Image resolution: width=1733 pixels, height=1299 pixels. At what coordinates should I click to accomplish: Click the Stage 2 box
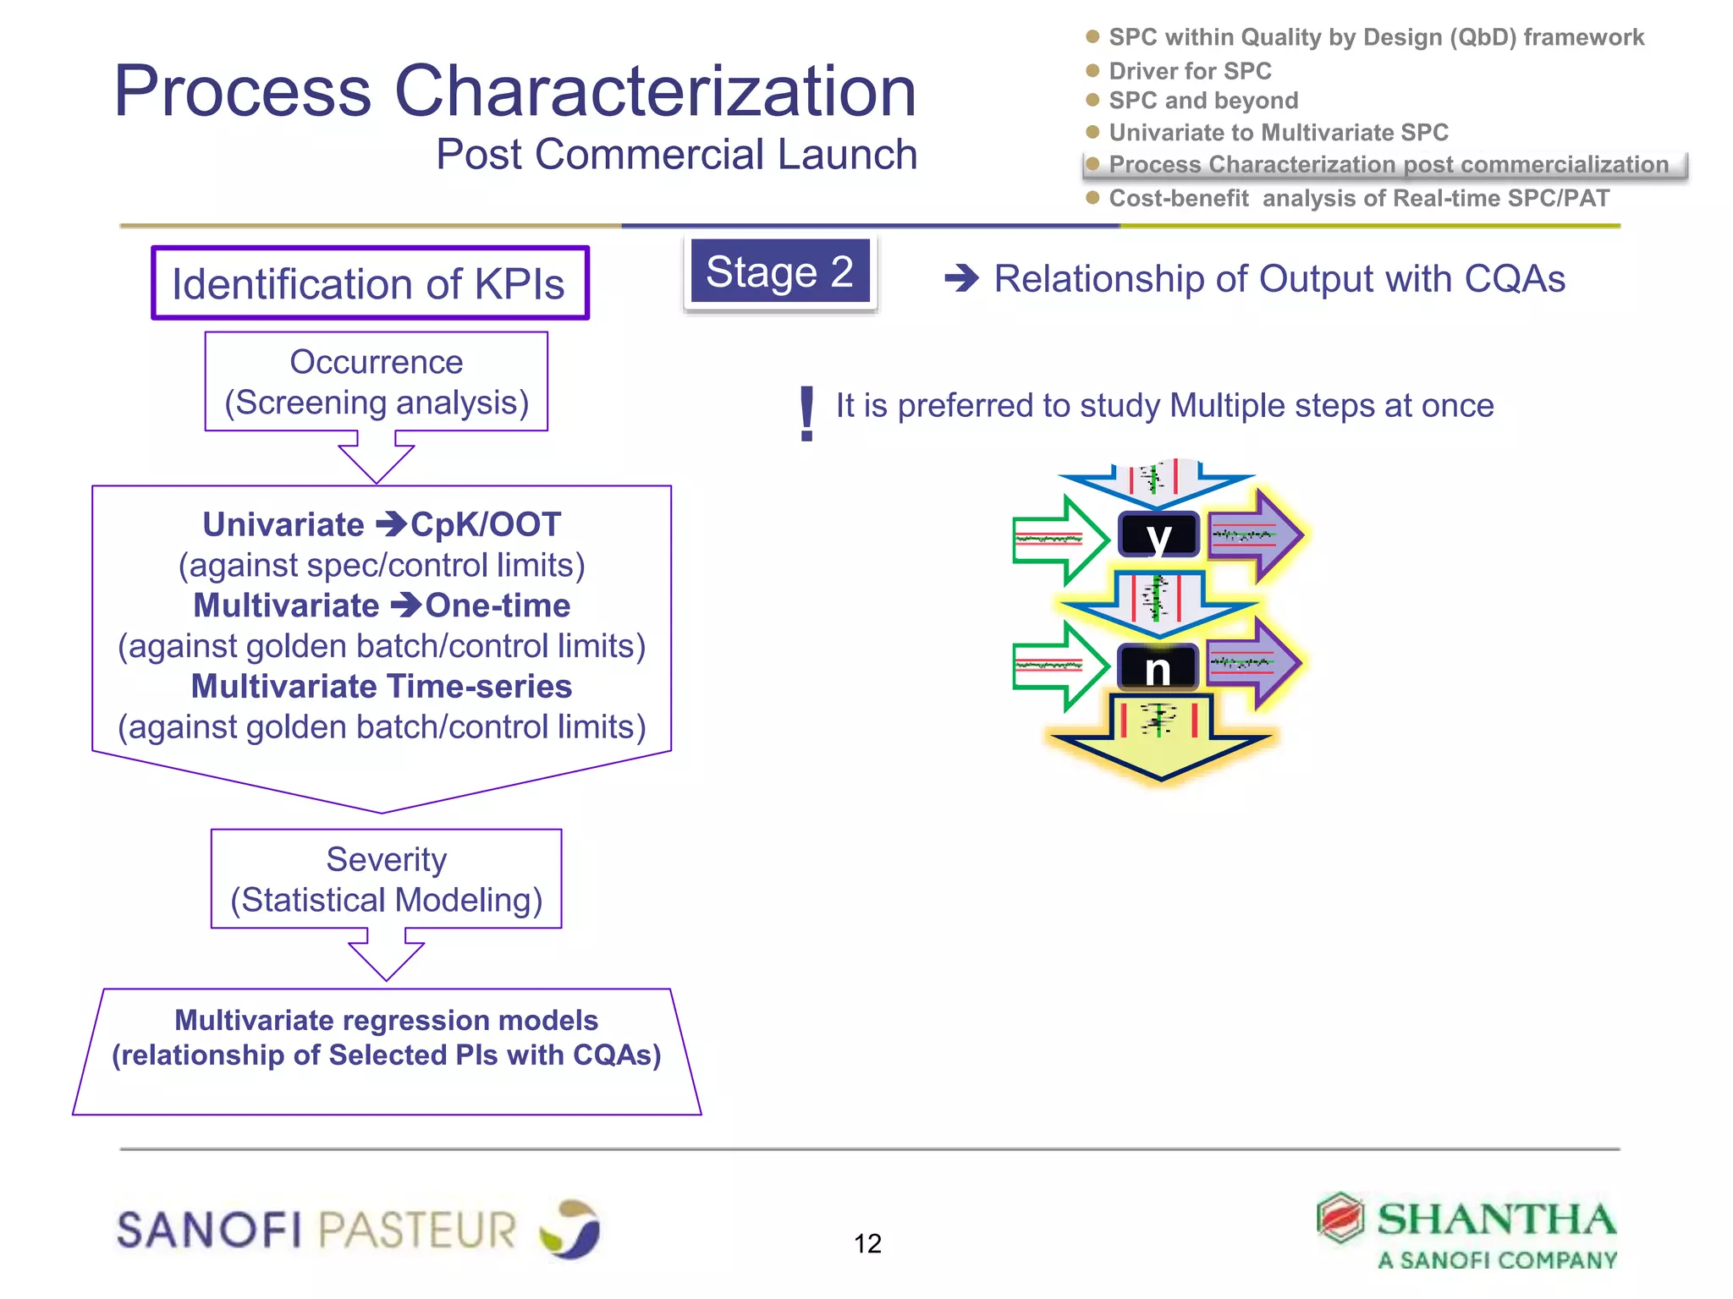point(779,272)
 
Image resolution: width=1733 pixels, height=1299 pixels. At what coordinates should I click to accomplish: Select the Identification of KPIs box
point(370,283)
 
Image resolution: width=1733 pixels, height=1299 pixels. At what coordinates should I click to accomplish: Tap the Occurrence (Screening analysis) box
point(377,381)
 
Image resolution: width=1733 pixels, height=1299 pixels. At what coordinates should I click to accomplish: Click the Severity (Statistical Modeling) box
point(386,879)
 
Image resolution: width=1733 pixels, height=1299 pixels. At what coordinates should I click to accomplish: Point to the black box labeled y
point(1158,534)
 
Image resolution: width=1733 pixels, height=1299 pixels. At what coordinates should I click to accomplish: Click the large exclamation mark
point(806,414)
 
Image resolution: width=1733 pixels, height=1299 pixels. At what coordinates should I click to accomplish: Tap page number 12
point(867,1243)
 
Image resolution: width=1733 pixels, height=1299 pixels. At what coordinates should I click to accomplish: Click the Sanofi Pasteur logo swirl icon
point(570,1228)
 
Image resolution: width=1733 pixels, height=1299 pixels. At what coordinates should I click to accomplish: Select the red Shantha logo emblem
point(1340,1218)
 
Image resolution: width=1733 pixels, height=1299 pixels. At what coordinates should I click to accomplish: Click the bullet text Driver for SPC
point(1190,71)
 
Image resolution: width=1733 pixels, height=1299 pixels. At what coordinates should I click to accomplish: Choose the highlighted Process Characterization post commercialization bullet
point(1388,165)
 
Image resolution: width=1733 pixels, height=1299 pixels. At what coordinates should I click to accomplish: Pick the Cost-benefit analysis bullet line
point(1358,198)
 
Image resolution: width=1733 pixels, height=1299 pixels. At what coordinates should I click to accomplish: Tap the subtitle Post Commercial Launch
point(676,155)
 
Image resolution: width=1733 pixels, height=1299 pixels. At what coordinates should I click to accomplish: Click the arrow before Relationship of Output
point(961,278)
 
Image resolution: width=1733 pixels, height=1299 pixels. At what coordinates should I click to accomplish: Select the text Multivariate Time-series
point(382,687)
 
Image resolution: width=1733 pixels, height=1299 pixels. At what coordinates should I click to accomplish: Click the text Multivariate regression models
point(386,1020)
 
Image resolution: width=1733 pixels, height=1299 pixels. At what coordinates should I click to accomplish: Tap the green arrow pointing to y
point(1059,540)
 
